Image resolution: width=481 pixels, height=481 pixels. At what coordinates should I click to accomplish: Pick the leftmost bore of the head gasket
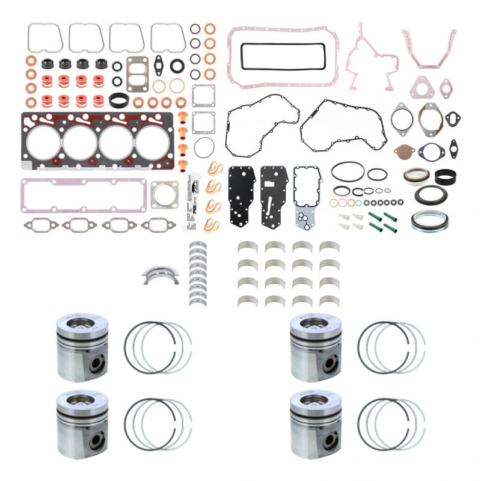point(44,143)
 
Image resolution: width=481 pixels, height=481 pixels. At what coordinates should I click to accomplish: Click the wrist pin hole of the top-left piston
point(97,364)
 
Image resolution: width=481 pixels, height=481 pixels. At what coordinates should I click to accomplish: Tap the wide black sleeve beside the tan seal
point(445,177)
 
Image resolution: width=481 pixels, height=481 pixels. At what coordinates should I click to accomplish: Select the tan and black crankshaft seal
point(415,177)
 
